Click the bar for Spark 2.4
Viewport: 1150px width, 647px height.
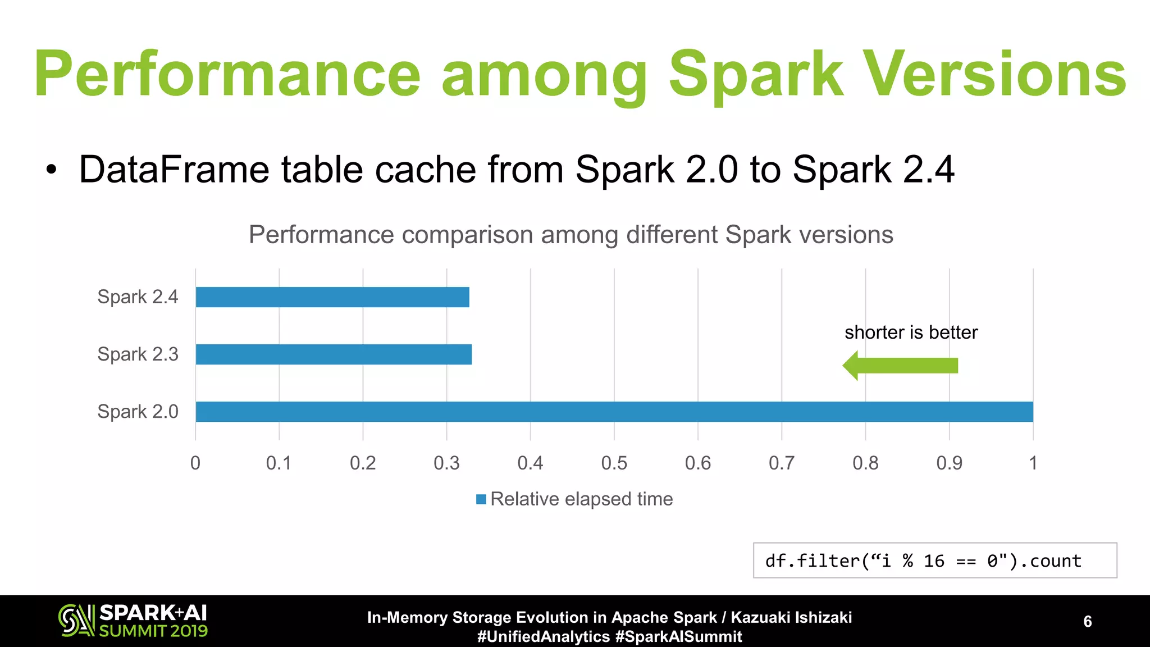(332, 297)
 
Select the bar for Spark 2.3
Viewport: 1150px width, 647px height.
(334, 354)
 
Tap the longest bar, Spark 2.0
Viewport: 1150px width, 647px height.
(614, 412)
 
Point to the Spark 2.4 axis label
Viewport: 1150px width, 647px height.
(138, 297)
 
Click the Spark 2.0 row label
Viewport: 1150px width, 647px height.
(138, 412)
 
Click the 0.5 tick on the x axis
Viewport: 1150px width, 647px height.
(614, 463)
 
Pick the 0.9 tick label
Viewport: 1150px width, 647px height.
(949, 463)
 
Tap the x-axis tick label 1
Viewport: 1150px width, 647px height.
(1033, 463)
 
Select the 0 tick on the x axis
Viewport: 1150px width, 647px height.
(195, 463)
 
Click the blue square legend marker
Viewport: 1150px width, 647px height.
(481, 499)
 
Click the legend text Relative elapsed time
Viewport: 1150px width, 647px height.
(581, 499)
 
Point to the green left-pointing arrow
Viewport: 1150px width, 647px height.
(900, 366)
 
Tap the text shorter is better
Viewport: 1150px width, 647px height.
(911, 332)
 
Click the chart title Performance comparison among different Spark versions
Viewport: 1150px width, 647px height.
(571, 235)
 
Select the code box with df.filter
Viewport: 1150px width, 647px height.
(934, 561)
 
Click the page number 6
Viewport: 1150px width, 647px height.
(1087, 621)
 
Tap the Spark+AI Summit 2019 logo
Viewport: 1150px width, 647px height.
(133, 621)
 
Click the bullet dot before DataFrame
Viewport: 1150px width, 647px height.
(52, 170)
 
